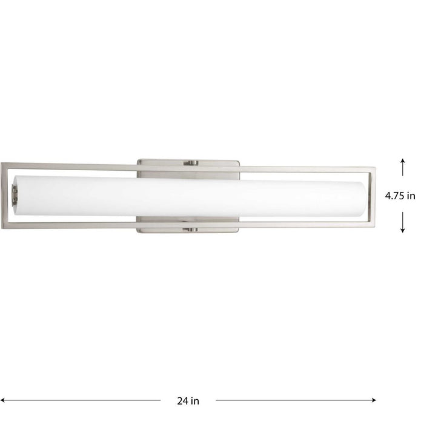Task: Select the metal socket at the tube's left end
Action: coord(15,196)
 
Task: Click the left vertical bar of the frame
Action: coord(5,196)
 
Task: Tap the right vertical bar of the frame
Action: coord(374,196)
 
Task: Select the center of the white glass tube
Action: coord(190,196)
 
